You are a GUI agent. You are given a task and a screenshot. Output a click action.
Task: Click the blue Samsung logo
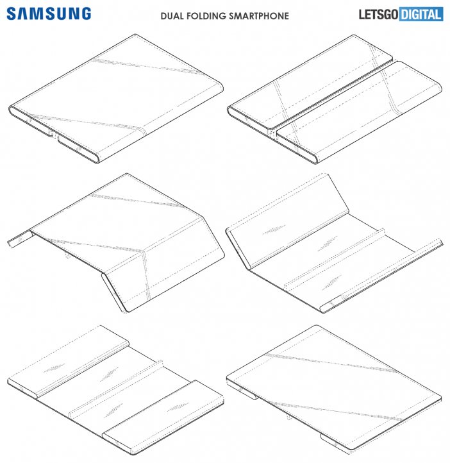click(x=49, y=14)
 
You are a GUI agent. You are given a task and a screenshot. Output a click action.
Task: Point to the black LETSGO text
click(x=378, y=15)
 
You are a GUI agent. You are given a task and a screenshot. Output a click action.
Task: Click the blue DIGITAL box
click(x=421, y=15)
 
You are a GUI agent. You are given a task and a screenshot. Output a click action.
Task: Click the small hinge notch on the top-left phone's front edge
click(x=53, y=135)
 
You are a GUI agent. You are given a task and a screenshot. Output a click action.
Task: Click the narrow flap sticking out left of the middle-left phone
click(x=20, y=239)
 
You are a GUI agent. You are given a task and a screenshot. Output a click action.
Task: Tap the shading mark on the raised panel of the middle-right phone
click(x=274, y=230)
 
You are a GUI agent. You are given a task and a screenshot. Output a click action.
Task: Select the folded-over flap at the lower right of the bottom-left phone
click(x=163, y=416)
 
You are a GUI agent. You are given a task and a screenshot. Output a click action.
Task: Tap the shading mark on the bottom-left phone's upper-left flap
click(x=54, y=369)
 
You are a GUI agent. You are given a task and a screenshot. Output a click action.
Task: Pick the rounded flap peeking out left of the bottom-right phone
click(x=242, y=390)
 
